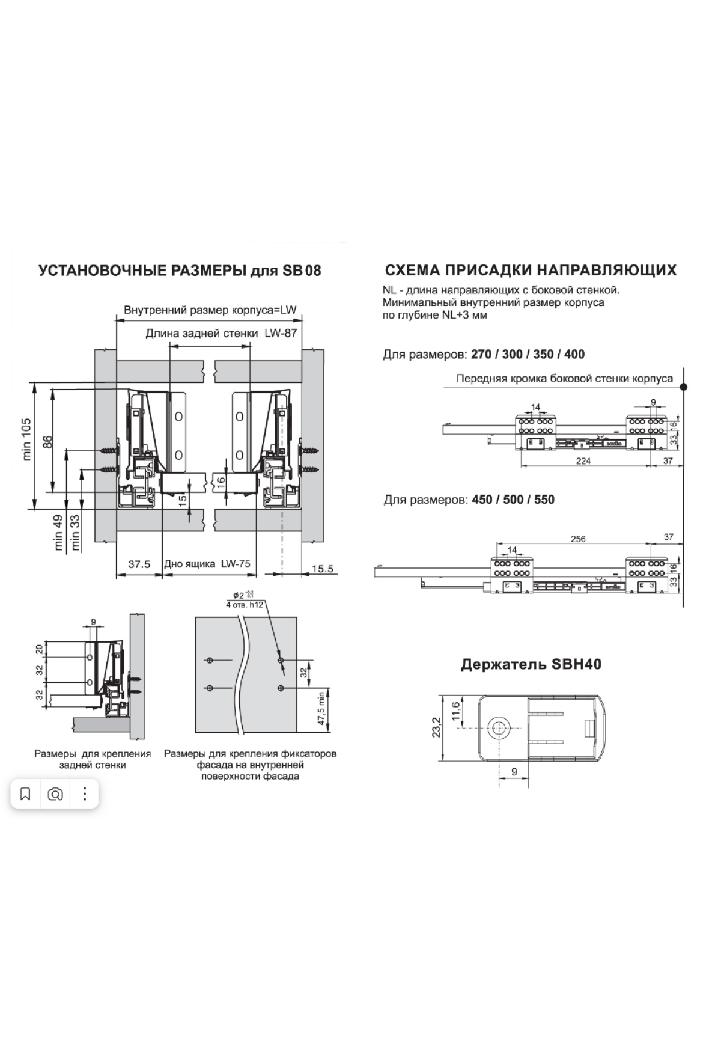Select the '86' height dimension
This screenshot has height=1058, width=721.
coord(49,441)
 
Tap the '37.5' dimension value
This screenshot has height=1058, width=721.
coord(139,564)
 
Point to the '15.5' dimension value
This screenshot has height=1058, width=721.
coord(323,568)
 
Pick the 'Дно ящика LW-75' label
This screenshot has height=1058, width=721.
coord(207,564)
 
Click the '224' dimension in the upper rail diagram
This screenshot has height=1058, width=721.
coord(583,461)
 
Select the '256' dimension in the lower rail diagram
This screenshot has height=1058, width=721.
coord(578,539)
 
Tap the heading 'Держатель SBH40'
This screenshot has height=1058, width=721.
coord(531,664)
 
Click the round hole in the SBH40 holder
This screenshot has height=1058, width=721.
coord(498,728)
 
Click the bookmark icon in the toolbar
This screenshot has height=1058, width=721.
coord(25,794)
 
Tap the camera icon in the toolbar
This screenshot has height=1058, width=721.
coord(55,794)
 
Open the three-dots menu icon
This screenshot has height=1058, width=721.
coord(85,794)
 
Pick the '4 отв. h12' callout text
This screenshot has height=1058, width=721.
coord(245,604)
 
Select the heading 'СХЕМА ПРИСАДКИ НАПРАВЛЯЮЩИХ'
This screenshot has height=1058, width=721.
coord(531,270)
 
